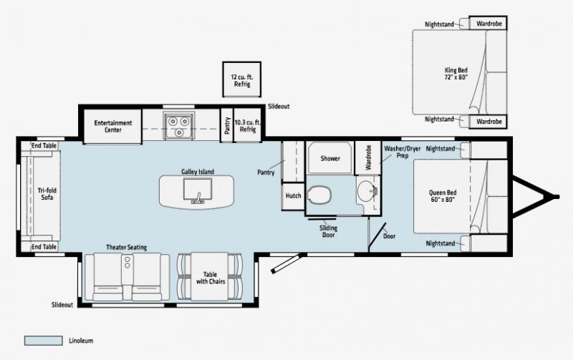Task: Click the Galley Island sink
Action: (196, 191)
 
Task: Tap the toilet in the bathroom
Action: (319, 194)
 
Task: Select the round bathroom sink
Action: (368, 191)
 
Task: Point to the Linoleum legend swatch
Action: (44, 340)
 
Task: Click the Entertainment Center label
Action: (112, 126)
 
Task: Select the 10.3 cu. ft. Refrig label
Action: (248, 126)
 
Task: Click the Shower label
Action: (330, 158)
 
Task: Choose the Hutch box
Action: (293, 195)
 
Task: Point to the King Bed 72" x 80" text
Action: (456, 73)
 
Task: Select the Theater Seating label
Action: (126, 247)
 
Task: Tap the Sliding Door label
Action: (328, 231)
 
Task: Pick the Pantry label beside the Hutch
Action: (266, 172)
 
